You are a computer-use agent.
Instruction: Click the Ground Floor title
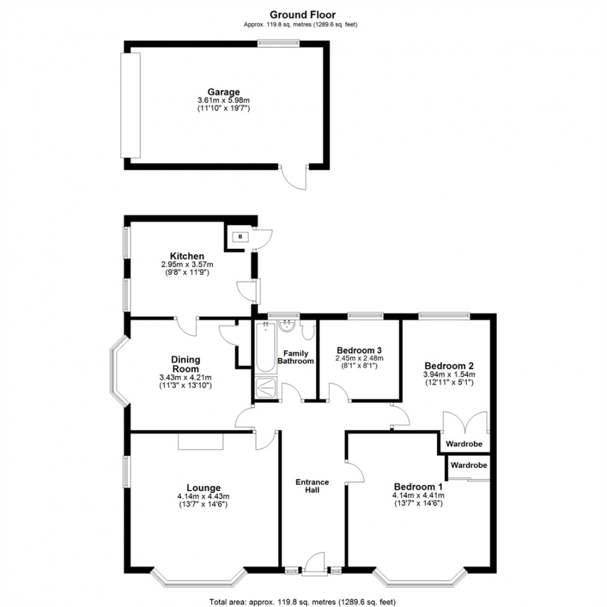coord(303,14)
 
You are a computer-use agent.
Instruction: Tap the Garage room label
coord(224,92)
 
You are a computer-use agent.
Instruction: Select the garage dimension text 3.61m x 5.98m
coord(224,100)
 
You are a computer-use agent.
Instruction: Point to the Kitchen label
coord(187,256)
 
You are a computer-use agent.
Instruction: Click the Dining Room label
coord(186,364)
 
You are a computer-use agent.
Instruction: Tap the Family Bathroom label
coord(296,357)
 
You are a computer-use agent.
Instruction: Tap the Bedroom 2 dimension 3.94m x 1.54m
coord(449,375)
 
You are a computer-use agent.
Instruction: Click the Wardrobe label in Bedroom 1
coord(468,465)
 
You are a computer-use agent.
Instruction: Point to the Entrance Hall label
coord(312,486)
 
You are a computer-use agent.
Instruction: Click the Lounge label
coord(203,487)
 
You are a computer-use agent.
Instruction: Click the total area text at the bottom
coord(303,601)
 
